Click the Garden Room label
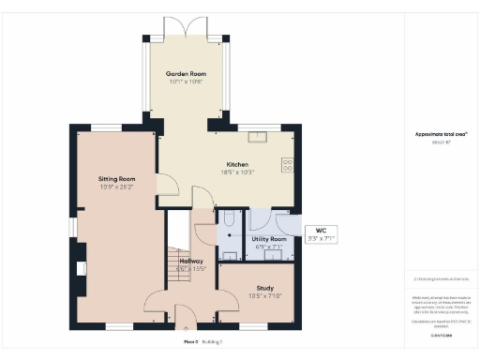click(186, 73)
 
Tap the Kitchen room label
click(222, 164)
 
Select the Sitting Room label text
click(117, 178)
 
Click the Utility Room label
click(269, 240)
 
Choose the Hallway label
click(191, 261)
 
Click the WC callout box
click(321, 235)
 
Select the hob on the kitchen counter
click(286, 165)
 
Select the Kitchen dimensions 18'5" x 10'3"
click(222, 172)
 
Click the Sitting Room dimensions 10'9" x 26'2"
click(117, 187)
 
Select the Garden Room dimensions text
click(186, 82)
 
